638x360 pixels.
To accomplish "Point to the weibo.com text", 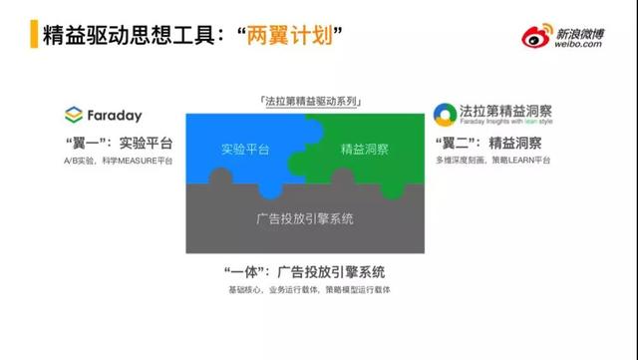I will pos(580,45).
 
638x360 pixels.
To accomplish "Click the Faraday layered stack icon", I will pos(74,114).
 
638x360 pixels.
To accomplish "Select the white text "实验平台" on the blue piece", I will pos(246,151).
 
